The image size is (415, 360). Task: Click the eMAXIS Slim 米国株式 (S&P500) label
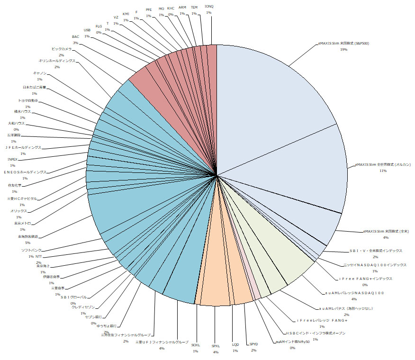(344, 43)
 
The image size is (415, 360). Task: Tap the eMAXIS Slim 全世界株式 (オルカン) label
(383, 164)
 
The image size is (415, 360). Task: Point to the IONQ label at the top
(209, 6)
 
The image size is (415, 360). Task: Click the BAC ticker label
(76, 36)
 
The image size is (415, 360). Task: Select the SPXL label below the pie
(216, 346)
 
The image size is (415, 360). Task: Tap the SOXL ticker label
(195, 345)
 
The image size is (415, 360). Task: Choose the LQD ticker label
(235, 345)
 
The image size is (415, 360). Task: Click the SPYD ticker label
(253, 344)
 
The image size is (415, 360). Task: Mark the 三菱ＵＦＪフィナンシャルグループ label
(162, 342)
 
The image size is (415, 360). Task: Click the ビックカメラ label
(62, 49)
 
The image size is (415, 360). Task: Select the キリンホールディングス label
(56, 61)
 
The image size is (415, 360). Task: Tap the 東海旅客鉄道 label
(28, 236)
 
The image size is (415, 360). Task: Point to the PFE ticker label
(149, 9)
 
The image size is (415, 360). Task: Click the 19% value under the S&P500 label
(344, 49)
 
